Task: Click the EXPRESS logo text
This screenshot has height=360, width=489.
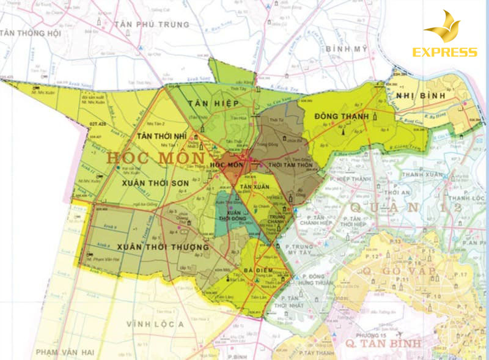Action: coord(444,53)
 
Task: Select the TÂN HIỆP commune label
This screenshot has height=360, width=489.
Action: coord(207,103)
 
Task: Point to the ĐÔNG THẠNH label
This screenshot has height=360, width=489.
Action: coord(342,116)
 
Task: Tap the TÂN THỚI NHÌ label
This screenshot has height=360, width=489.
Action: coord(161,136)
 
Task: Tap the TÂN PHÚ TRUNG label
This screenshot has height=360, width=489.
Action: coord(150,25)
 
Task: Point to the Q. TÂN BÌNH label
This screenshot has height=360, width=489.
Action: coord(383,343)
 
